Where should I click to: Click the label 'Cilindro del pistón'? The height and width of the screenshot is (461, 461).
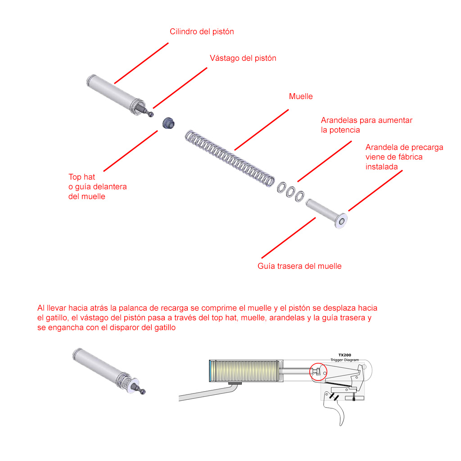click(202, 32)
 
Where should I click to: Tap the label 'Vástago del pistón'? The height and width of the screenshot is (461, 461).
click(243, 58)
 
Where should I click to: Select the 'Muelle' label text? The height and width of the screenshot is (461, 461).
click(301, 96)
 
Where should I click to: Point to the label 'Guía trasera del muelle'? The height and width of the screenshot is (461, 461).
click(299, 266)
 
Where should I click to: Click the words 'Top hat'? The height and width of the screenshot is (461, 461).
click(82, 177)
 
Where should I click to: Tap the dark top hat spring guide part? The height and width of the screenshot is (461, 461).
click(168, 123)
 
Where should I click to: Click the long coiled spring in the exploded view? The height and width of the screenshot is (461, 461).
click(230, 158)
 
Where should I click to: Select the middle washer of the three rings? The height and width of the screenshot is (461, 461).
click(290, 192)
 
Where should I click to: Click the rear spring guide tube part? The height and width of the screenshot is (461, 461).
click(326, 213)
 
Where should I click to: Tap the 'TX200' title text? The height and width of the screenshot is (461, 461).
click(344, 355)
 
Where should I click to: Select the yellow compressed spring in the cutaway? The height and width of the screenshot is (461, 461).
click(246, 371)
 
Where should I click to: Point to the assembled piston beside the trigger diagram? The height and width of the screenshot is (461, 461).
click(109, 371)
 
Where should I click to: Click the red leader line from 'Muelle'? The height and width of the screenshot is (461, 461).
click(262, 130)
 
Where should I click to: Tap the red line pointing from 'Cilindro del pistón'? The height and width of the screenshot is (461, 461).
click(141, 63)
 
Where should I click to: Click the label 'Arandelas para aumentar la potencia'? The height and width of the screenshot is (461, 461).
click(366, 125)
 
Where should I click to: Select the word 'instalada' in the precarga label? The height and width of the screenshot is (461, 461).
click(381, 167)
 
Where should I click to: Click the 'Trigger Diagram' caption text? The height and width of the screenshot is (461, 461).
click(344, 360)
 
